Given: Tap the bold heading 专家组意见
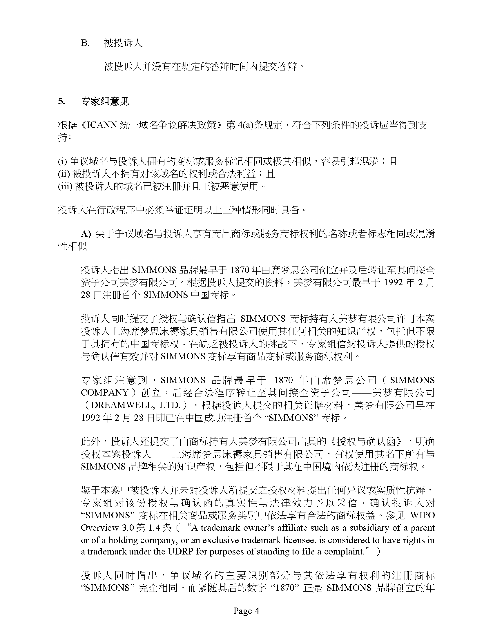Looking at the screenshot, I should coord(105,102).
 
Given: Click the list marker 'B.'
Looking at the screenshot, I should coord(85,43).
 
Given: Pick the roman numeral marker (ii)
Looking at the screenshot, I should coord(64,174).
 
